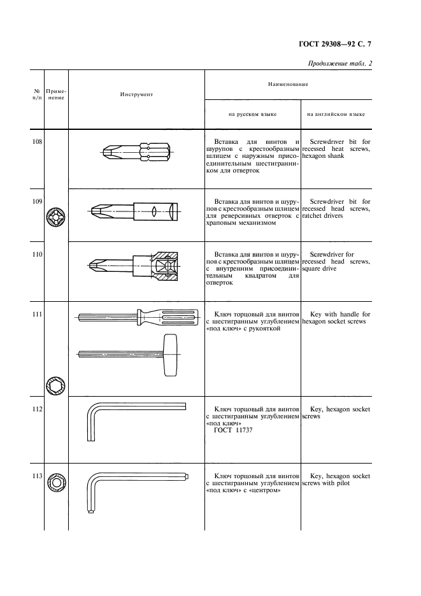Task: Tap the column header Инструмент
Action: point(136,94)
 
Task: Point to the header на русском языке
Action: point(252,115)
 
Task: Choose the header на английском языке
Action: point(336,115)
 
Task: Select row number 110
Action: point(37,255)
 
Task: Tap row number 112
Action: point(37,408)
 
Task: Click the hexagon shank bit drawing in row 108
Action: point(136,153)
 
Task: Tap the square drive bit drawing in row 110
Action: point(136,267)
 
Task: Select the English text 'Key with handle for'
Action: point(339,315)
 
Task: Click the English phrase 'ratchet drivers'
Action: point(325,216)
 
